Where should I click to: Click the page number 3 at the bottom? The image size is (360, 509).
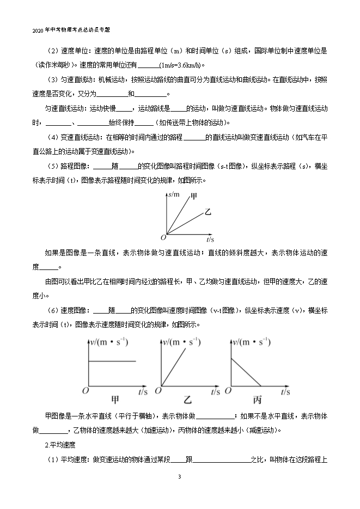click(x=179, y=477)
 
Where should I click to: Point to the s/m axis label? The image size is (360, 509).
click(x=174, y=194)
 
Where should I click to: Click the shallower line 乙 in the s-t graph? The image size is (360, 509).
click(x=185, y=224)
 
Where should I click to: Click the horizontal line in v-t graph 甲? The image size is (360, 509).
click(x=112, y=360)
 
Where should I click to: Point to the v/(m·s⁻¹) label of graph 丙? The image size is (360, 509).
click(x=251, y=342)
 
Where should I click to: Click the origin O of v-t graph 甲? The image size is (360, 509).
click(x=85, y=390)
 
